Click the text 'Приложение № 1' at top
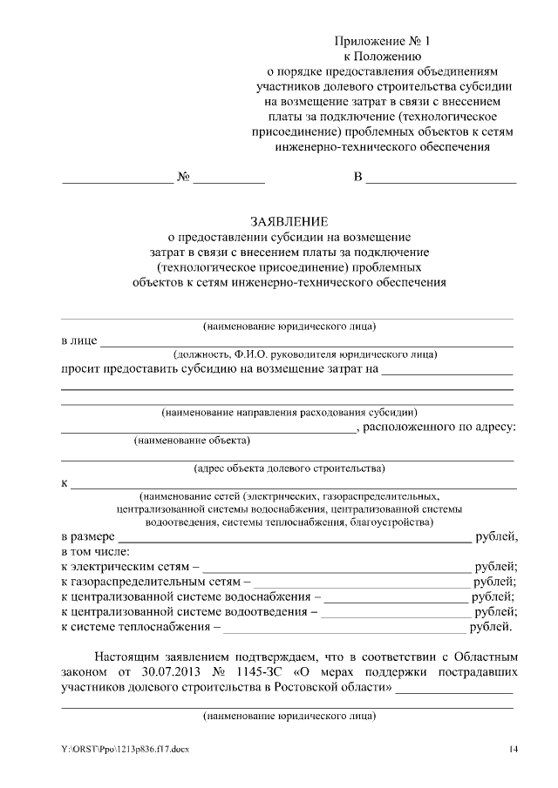point(383,41)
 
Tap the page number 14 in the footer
point(514,750)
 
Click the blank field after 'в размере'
point(294,536)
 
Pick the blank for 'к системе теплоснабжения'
point(344,626)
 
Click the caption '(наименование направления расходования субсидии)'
point(289,412)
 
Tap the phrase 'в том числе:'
point(96,551)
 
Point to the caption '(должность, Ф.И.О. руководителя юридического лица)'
point(304,354)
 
